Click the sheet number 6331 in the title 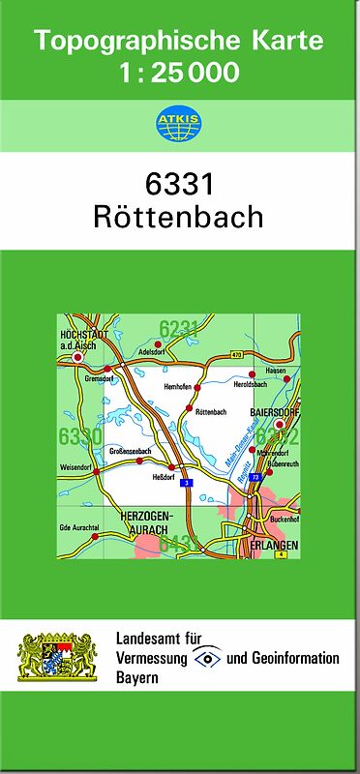pyautogui.click(x=179, y=183)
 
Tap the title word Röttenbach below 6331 pyautogui.click(x=179, y=216)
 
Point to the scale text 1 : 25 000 pyautogui.click(x=179, y=73)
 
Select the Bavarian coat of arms pyautogui.click(x=58, y=656)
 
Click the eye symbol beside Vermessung pyautogui.click(x=207, y=658)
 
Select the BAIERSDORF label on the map pyautogui.click(x=272, y=411)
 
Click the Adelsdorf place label pyautogui.click(x=153, y=353)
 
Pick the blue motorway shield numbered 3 pyautogui.click(x=186, y=482)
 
